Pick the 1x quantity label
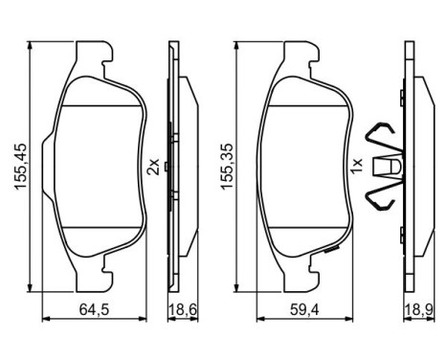point(355,167)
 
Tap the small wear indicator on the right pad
point(331,251)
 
